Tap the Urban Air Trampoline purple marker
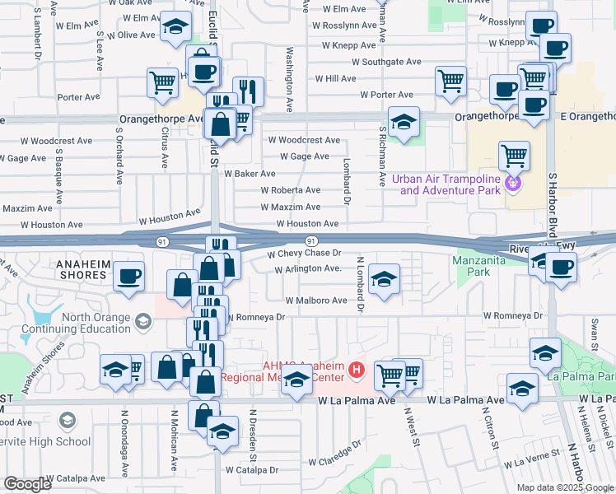click(x=513, y=184)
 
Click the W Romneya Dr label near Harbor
click(x=513, y=315)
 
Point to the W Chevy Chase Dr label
click(x=304, y=254)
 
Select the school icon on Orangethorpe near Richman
click(x=404, y=123)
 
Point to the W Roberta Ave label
click(x=290, y=190)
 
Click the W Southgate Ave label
click(x=386, y=62)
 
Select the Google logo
click(x=28, y=484)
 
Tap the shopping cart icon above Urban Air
click(x=514, y=153)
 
